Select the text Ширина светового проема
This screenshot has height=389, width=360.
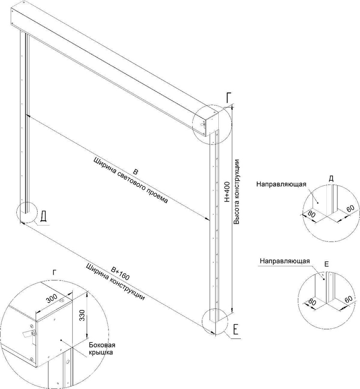[131, 182]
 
